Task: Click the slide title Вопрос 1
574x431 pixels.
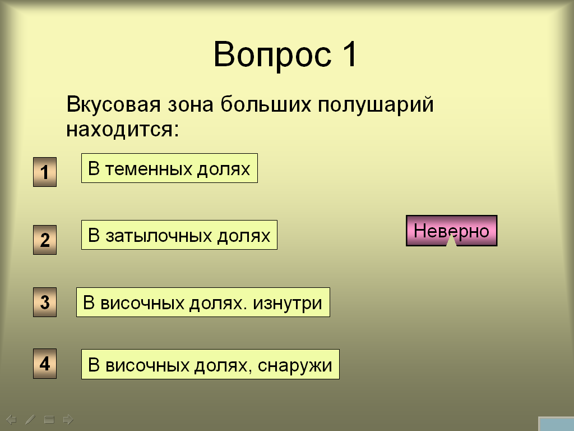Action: coord(285,54)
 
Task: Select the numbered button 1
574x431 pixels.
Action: coord(45,172)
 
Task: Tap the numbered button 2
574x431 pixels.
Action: coord(45,240)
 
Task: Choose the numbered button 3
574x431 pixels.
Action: coord(45,302)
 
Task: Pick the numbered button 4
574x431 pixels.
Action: coord(45,364)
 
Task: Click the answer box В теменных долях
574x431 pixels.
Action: coord(169,168)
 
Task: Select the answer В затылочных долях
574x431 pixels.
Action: coord(179,235)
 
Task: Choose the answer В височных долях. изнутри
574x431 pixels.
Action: coord(203,302)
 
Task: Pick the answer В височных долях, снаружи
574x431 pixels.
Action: coord(211,364)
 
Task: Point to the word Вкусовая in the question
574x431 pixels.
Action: coord(113,104)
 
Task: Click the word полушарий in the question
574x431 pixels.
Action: coord(376,104)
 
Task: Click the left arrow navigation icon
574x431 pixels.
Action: coord(11,419)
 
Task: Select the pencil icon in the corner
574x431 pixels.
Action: coord(30,419)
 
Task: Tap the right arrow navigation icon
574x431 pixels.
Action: coord(68,419)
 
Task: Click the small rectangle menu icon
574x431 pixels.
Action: coord(49,419)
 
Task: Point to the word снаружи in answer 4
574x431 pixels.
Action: coord(295,365)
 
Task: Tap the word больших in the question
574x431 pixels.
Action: coord(265,104)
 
